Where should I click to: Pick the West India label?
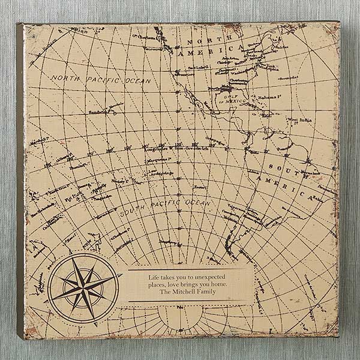click(298, 121)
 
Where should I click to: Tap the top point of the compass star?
click(85, 256)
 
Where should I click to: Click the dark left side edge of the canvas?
click(20, 180)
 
